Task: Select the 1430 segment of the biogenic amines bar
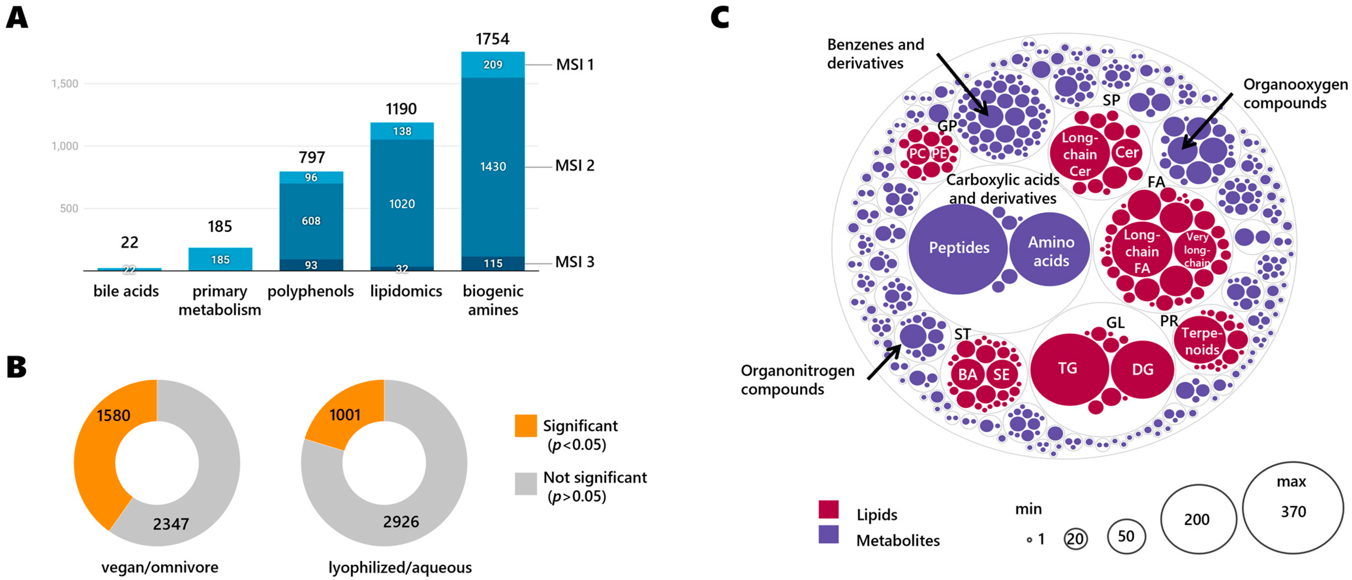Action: (492, 167)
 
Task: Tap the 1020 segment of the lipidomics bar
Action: (401, 203)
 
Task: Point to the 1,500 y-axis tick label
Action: (65, 84)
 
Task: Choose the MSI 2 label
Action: (575, 166)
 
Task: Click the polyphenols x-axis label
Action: (311, 291)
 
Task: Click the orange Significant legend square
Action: (525, 426)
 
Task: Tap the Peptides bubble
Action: (958, 248)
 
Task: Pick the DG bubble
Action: (1142, 369)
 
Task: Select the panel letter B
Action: (16, 367)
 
